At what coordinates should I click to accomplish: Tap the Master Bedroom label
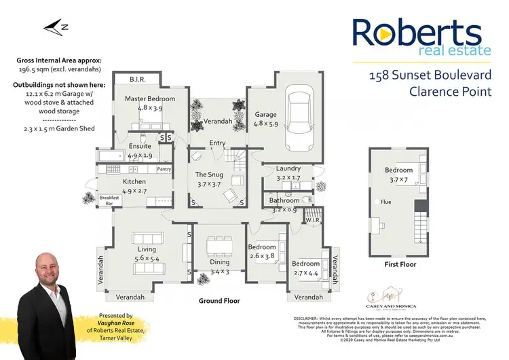[150, 99]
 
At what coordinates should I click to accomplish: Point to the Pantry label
[164, 169]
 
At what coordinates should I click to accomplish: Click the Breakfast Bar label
[109, 200]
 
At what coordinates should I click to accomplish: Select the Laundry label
[288, 168]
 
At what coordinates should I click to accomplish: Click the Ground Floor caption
[219, 300]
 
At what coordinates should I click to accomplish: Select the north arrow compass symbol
[52, 28]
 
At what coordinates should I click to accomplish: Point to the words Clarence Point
[450, 91]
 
